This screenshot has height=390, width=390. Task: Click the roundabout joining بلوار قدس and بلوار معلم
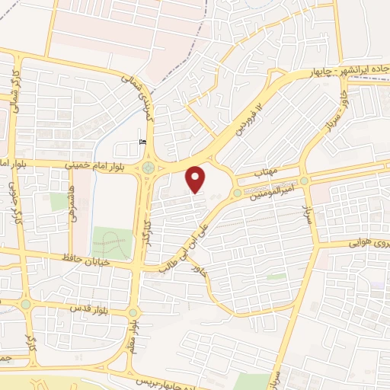(x=133, y=313)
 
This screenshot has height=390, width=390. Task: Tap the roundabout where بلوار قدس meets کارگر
(x=26, y=304)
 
